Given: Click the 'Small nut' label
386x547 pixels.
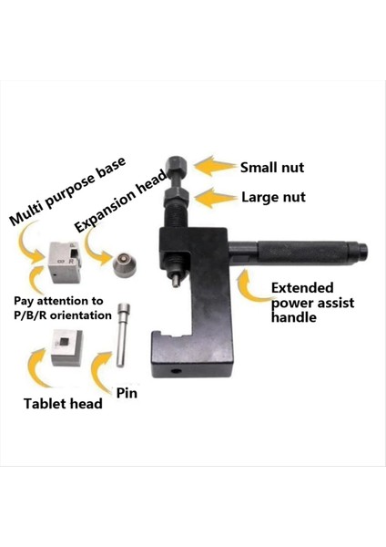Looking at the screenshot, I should pos(272,168).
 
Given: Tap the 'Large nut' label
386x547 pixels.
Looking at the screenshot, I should pos(273,196).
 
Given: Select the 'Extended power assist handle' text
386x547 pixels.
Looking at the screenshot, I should pos(312,303).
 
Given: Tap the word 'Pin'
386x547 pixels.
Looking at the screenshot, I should pos(127,393).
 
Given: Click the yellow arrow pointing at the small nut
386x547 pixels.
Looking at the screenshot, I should pos(216,166).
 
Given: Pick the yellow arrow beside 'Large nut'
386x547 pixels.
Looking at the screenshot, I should pos(217,195).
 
